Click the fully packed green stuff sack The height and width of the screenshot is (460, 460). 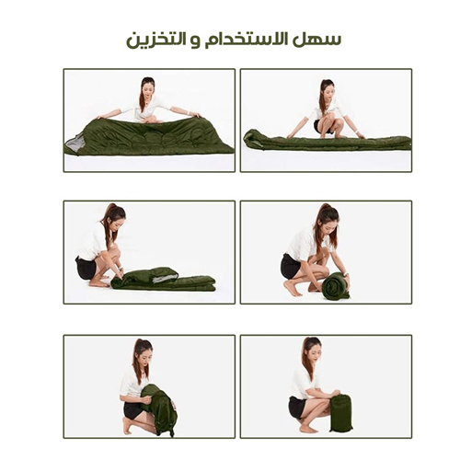(x=340, y=412)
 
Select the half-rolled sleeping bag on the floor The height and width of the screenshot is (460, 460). (x=164, y=279)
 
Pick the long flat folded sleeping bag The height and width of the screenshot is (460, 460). (x=327, y=142)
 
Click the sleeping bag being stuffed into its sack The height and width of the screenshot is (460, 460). (x=162, y=410)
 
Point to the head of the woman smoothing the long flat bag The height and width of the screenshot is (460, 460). (x=326, y=91)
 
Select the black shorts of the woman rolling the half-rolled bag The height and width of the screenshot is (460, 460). (x=87, y=268)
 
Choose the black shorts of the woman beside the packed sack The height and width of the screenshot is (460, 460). (x=297, y=407)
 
